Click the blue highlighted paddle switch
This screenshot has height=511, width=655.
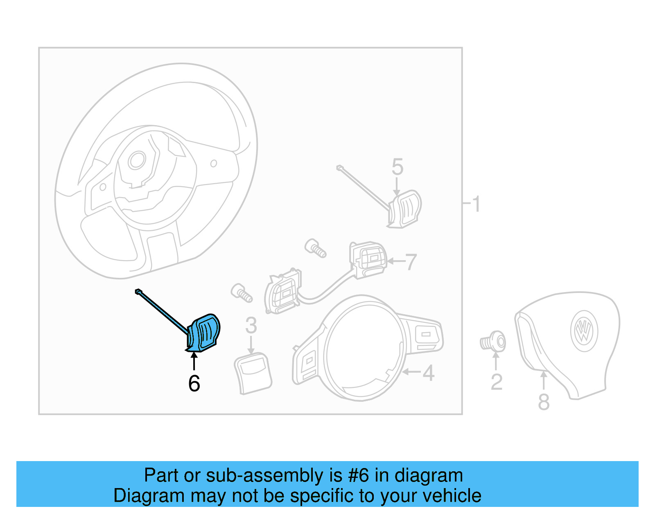pyautogui.click(x=205, y=332)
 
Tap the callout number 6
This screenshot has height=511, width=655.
pyautogui.click(x=194, y=384)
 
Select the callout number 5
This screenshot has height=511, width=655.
pyautogui.click(x=397, y=167)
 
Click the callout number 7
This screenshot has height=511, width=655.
pyautogui.click(x=411, y=262)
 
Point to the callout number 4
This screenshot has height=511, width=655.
pyautogui.click(x=428, y=373)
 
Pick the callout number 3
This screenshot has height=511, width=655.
pyautogui.click(x=251, y=326)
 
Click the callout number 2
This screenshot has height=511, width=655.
pyautogui.click(x=496, y=383)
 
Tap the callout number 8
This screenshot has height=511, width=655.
pyautogui.click(x=543, y=402)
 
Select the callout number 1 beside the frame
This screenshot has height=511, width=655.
pyautogui.click(x=476, y=204)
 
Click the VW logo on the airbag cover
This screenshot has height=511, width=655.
pyautogui.click(x=584, y=331)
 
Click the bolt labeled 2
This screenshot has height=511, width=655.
pyautogui.click(x=493, y=342)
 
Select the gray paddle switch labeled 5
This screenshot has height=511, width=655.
pyautogui.click(x=405, y=209)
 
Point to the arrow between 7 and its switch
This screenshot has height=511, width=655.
pyautogui.click(x=396, y=261)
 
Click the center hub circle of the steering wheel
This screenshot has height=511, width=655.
pyautogui.click(x=137, y=161)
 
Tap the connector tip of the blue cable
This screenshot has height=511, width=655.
pyautogui.click(x=138, y=291)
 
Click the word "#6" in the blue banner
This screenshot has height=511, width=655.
pyautogui.click(x=359, y=475)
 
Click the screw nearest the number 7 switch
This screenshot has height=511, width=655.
pyautogui.click(x=316, y=248)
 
